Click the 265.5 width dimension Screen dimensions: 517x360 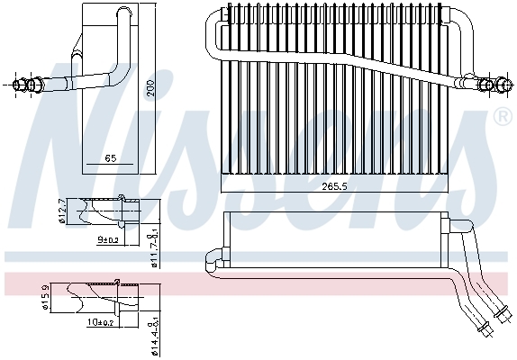[334, 187]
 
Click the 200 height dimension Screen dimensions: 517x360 [151, 87]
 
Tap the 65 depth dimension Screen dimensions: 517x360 [111, 158]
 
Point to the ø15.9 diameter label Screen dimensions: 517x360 [46, 298]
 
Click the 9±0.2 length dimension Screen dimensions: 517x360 [108, 240]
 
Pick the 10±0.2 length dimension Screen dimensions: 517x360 [101, 323]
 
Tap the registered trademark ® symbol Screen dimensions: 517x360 [502, 117]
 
